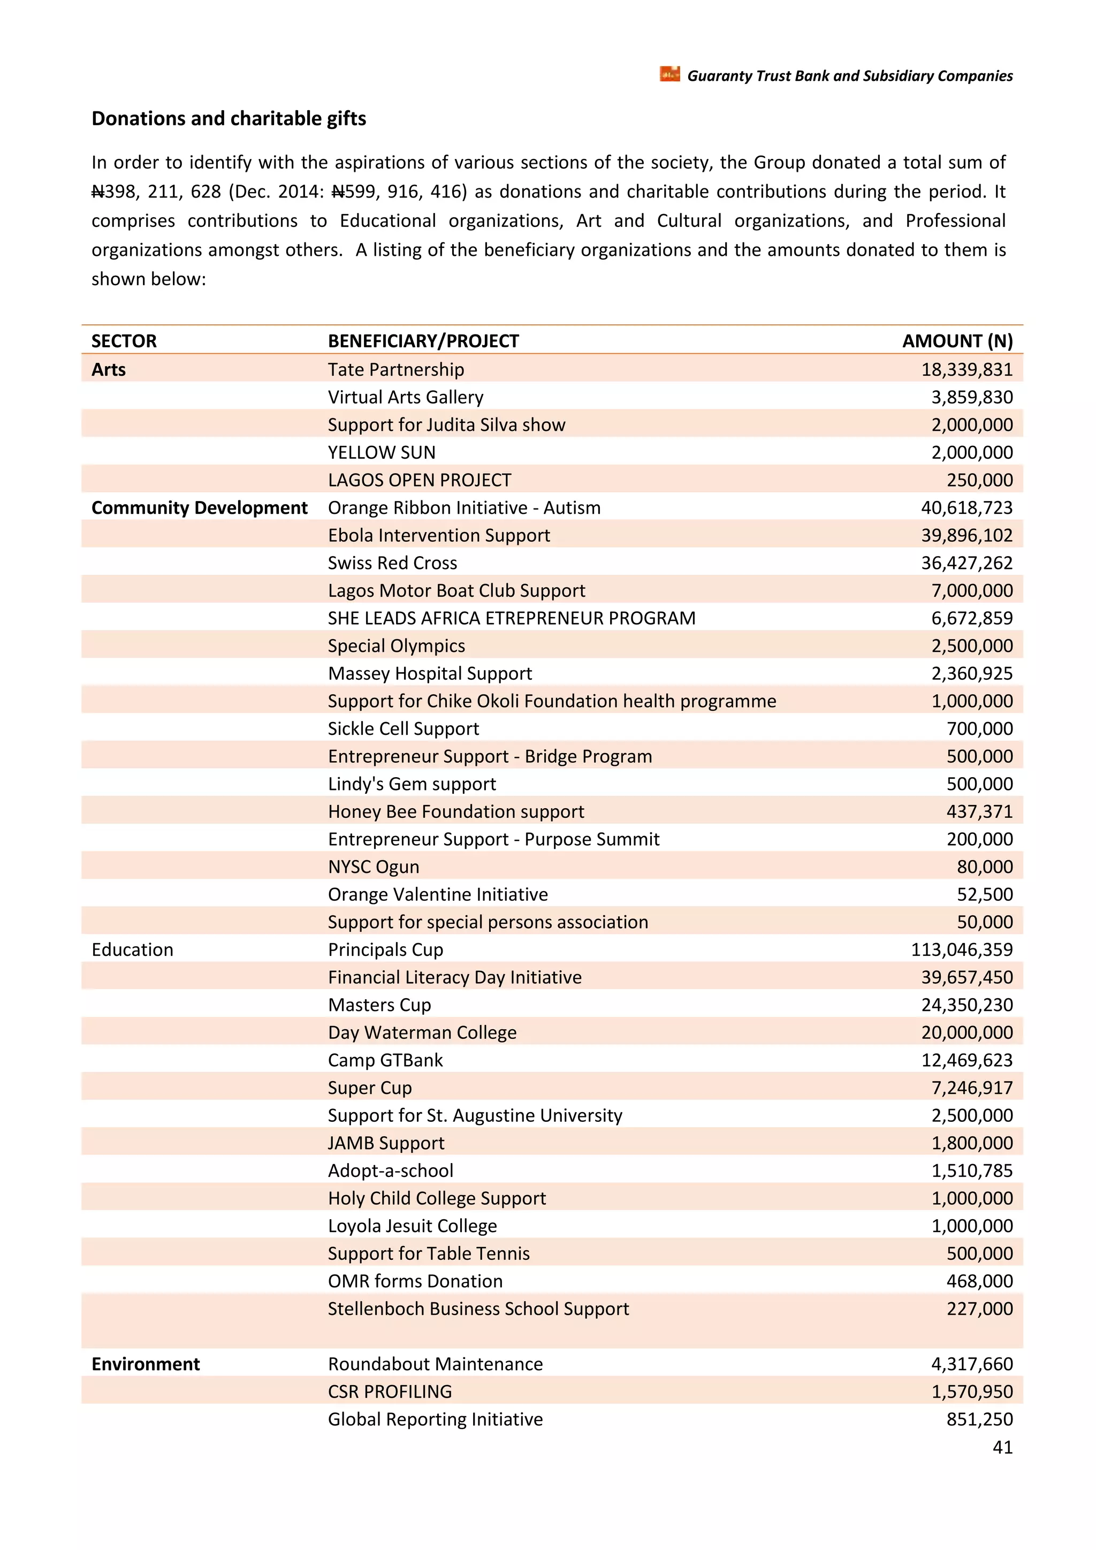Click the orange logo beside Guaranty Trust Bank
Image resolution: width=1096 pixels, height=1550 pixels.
(x=669, y=74)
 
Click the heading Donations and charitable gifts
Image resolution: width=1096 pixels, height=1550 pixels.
(x=229, y=119)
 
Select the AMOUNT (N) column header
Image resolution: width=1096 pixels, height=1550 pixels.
(x=957, y=341)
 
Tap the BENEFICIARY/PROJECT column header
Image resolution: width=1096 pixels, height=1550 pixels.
(x=423, y=341)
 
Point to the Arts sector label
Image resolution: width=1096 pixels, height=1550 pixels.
(x=109, y=369)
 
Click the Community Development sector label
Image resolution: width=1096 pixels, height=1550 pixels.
(x=199, y=508)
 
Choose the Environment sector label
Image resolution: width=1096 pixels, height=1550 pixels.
(x=146, y=1364)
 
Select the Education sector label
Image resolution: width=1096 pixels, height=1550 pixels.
(x=132, y=950)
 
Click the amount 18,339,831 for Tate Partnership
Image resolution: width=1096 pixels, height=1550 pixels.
(x=966, y=369)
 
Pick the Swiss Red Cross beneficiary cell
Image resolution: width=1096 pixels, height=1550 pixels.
(x=392, y=563)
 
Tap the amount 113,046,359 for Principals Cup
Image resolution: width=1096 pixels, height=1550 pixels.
(x=961, y=950)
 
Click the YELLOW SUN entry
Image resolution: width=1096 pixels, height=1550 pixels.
(x=382, y=452)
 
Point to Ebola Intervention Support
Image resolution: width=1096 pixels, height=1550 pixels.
(x=439, y=535)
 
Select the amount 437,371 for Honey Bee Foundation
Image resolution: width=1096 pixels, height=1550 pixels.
(x=979, y=811)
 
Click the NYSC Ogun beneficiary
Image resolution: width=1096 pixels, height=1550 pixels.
(x=373, y=867)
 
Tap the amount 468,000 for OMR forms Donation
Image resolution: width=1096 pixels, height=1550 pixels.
(x=979, y=1281)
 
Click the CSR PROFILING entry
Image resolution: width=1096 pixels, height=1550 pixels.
(x=390, y=1392)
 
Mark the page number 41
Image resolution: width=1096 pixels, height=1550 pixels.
(x=1002, y=1447)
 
